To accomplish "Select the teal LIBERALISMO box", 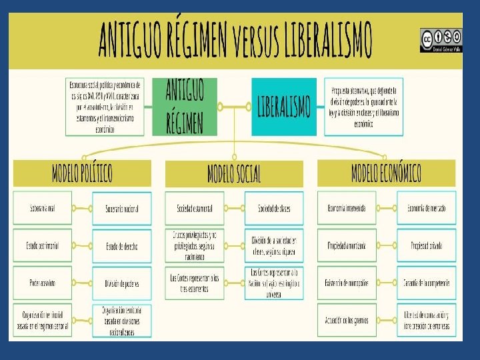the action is click(x=283, y=107).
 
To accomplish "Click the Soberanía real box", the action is click(x=42, y=208).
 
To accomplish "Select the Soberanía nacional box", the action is click(x=122, y=209).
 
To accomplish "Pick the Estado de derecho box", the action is click(x=122, y=246).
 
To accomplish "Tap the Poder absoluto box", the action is click(x=42, y=283).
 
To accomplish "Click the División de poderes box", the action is click(x=122, y=283).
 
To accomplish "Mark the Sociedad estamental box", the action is click(x=195, y=209).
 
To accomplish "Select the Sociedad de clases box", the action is click(x=274, y=209).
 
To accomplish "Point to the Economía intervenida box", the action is click(x=347, y=208).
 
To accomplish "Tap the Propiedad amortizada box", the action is click(x=347, y=245).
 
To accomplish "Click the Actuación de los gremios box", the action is click(x=347, y=319).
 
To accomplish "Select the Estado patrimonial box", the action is click(x=42, y=246).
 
